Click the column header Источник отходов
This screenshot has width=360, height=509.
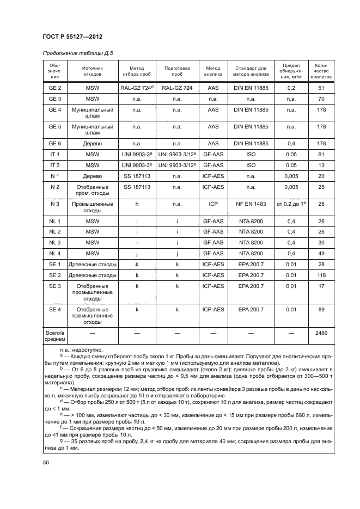92,71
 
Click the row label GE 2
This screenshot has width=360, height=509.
55,88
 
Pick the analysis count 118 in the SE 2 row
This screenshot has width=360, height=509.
321,275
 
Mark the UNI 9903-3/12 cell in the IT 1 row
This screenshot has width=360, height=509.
177,155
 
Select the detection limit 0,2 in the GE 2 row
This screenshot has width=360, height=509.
291,88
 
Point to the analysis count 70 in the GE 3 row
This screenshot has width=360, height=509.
321,99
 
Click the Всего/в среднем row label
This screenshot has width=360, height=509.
55,335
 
